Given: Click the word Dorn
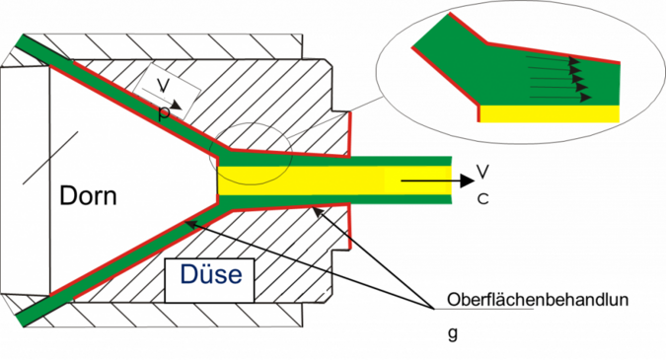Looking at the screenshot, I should pos(88,195).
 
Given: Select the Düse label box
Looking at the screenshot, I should pos(210,274).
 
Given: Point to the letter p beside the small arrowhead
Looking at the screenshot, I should pos(164,112).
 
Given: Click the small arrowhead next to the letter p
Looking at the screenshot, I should pos(175,104).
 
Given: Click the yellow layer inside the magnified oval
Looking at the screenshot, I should pos(553,112).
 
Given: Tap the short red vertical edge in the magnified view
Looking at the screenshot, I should pos(479,114).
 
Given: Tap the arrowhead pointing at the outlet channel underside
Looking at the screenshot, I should pos(314,208).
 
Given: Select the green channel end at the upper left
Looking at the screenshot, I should pos(30,44).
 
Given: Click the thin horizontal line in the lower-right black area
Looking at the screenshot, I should pos(484,308).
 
